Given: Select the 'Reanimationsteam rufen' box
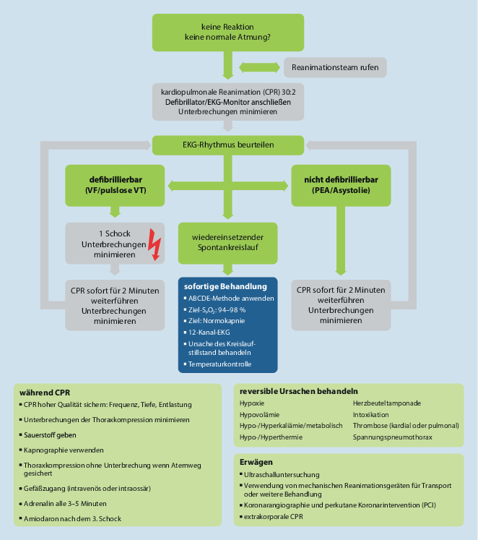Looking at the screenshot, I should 335,68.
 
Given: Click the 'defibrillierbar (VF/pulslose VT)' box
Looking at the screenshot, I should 116,183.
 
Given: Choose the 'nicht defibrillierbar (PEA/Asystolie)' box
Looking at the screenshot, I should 335,183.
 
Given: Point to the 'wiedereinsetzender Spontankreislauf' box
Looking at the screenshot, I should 227,242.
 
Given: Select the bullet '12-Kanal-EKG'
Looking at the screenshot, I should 209,331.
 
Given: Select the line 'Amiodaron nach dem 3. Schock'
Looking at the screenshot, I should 71,519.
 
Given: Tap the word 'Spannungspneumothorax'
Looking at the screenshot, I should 393,437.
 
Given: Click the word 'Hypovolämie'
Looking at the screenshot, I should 261,414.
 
